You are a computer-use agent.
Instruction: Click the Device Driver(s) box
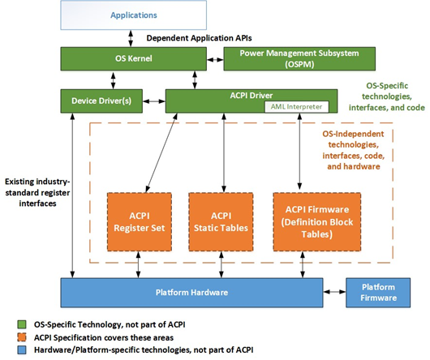coord(106,100)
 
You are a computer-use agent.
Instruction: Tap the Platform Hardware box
coord(191,292)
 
